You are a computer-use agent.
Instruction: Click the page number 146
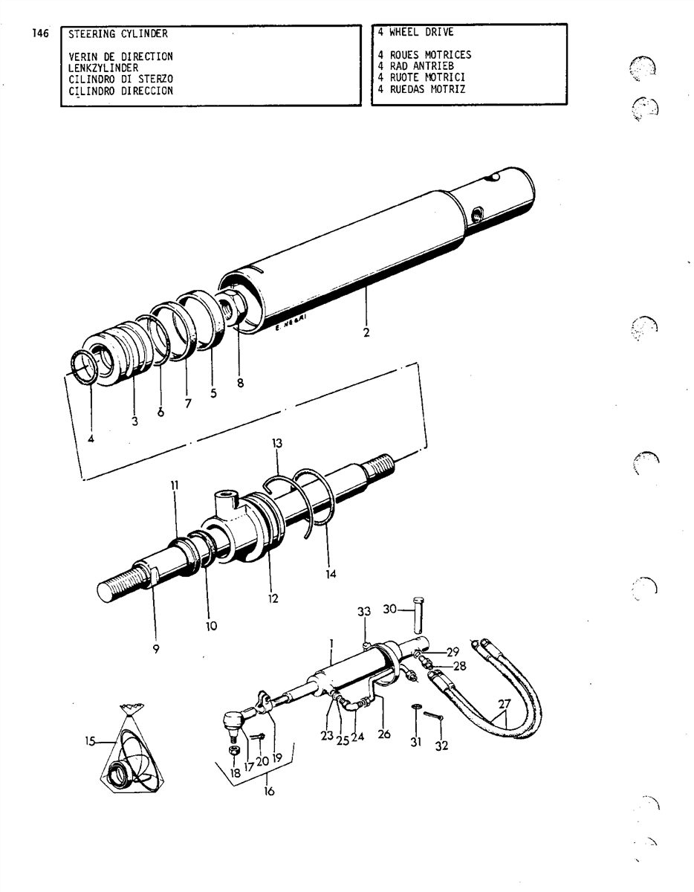click(x=40, y=33)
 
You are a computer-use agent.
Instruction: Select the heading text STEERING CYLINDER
click(x=118, y=33)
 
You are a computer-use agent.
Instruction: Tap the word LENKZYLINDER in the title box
click(x=103, y=68)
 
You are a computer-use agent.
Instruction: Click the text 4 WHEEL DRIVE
click(x=415, y=32)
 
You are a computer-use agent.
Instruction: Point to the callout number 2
click(x=366, y=332)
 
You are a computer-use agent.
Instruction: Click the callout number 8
click(x=240, y=383)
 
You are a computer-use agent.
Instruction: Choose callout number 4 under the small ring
click(x=91, y=439)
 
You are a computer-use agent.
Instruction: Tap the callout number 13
click(x=277, y=443)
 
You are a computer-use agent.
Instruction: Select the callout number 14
click(x=331, y=574)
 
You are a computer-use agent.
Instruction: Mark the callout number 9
click(x=156, y=650)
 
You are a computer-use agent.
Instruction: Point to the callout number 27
click(x=505, y=704)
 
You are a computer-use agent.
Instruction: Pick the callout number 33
click(x=364, y=612)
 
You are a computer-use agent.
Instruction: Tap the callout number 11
click(x=175, y=485)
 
